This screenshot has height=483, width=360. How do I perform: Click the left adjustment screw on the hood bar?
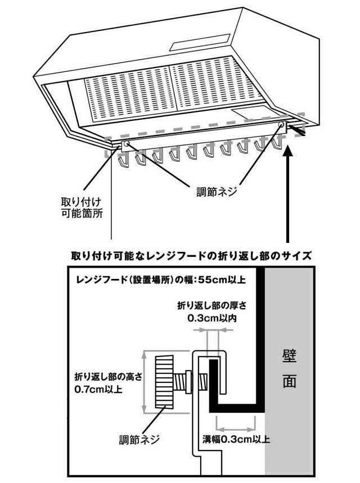click(x=125, y=145)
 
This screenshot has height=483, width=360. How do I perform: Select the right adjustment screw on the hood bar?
click(x=280, y=125)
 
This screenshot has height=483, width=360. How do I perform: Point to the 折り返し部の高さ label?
click(x=109, y=377)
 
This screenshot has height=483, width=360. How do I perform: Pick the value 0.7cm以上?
click(x=99, y=389)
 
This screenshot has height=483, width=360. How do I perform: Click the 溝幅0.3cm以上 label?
click(x=236, y=439)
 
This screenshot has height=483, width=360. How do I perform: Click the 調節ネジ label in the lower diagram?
click(x=137, y=440)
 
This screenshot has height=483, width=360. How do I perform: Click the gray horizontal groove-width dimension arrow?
click(x=236, y=418)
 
